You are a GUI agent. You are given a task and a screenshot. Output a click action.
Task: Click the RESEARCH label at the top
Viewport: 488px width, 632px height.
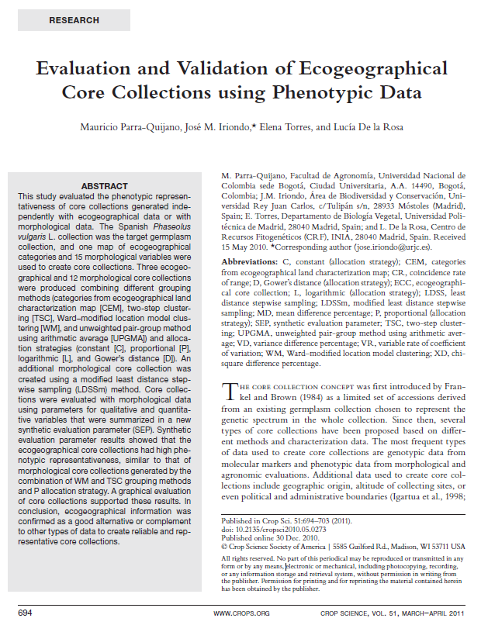click(74, 20)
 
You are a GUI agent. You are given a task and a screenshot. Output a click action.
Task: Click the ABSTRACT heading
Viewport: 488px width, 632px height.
click(105, 187)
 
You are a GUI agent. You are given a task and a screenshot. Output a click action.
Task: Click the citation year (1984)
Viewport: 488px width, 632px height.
click(289, 398)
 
